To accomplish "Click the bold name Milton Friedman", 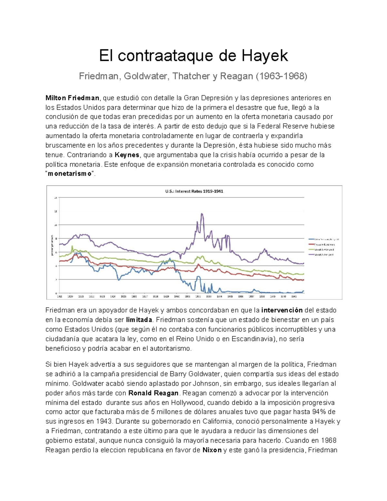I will point(72,98).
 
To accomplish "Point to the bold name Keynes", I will point(127,155).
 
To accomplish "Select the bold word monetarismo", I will point(70,174).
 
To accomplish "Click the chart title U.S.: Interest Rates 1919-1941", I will point(194,191).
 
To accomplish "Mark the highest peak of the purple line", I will point(202,214).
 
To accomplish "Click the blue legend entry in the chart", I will point(323,239).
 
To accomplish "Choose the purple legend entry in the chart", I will point(323,255).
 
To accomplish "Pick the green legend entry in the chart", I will point(323,249).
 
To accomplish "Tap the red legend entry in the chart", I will point(323,245).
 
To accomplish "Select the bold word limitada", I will point(139,320).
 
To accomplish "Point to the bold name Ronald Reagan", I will point(153,393).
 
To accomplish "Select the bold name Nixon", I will point(212,450).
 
